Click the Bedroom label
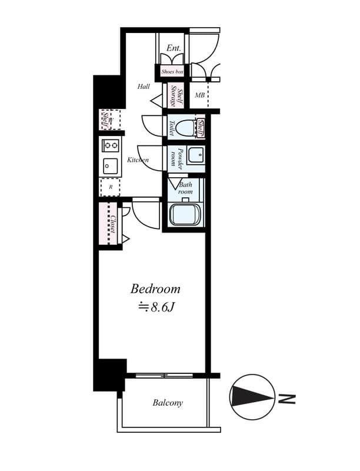(155, 289)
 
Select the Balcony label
(168, 403)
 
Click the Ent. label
(174, 48)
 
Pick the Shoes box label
(173, 72)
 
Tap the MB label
(200, 95)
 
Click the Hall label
(144, 87)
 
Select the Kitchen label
(138, 160)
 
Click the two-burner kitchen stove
(111, 145)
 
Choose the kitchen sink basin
(111, 166)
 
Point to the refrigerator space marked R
(110, 187)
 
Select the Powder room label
(178, 159)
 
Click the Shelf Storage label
(177, 95)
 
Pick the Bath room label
(185, 188)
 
